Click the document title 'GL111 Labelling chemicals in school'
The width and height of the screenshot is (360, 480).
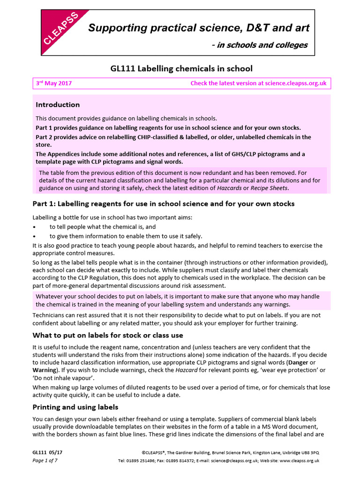(181, 68)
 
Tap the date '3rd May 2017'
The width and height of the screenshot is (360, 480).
(54, 83)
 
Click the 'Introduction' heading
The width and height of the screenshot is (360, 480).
(58, 105)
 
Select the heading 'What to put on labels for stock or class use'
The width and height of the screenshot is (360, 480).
(107, 335)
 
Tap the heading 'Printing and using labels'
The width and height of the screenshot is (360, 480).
(75, 406)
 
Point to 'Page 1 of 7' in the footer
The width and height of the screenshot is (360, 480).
(45, 461)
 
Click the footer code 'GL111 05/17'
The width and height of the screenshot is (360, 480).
(48, 453)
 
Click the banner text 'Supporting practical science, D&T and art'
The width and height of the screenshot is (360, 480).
(199, 28)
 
